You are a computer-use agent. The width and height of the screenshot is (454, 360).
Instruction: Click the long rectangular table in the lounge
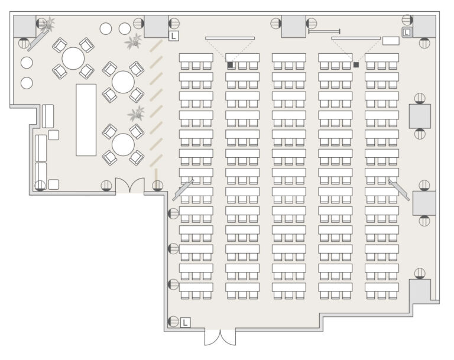tap(86, 120)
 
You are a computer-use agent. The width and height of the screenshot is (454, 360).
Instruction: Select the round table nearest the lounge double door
tap(123, 144)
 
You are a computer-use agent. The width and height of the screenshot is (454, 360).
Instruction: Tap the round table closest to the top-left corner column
tap(73, 58)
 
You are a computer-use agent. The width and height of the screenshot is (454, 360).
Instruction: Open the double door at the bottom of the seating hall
tap(220, 337)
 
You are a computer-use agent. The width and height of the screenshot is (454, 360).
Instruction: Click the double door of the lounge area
tap(129, 186)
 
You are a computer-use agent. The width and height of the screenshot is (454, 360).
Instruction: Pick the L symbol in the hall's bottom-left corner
tap(185, 322)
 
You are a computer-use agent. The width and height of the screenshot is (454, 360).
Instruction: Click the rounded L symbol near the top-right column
tap(407, 32)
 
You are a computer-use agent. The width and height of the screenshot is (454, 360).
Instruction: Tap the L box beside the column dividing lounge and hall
tap(173, 36)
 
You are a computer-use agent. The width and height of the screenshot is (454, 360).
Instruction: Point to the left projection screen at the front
tap(230, 38)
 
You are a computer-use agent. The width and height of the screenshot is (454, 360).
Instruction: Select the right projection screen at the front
tap(356, 38)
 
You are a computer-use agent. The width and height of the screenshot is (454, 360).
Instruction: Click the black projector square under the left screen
tap(230, 65)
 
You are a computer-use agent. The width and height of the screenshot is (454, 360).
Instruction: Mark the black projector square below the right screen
tap(356, 65)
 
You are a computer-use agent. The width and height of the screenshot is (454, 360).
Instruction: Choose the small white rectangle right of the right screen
tap(391, 41)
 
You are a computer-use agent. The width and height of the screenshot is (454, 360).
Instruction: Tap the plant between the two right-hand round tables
tap(137, 113)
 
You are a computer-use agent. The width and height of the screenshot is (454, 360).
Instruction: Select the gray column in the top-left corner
tap(25, 27)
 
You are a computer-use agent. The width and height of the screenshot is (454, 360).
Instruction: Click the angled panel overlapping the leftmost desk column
tap(183, 190)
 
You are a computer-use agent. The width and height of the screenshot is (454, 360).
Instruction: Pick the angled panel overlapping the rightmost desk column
tap(399, 190)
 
